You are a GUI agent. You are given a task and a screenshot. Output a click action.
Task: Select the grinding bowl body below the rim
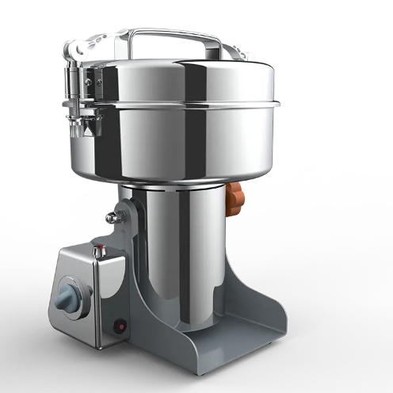190,147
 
